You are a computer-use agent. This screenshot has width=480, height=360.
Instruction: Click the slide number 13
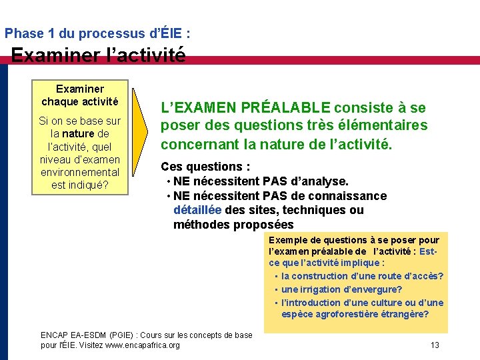point(435,345)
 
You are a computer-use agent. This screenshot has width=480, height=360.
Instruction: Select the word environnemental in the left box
point(79,172)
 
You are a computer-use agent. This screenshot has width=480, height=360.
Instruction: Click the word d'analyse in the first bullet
point(317,181)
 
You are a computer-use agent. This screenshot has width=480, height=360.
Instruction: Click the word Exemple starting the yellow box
point(287,240)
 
